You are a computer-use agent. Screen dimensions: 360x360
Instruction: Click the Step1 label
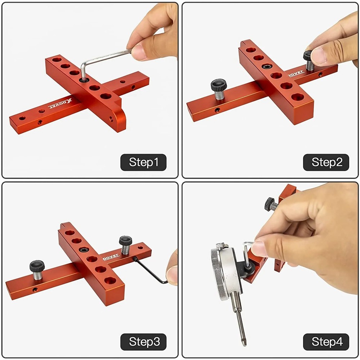tap(143, 162)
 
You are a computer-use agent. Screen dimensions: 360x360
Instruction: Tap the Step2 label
tap(326, 162)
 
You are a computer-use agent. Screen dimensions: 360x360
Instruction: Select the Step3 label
tap(143, 341)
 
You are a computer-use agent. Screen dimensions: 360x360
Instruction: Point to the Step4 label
tap(326, 341)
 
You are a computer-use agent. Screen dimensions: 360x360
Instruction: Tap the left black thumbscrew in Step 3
tap(37, 266)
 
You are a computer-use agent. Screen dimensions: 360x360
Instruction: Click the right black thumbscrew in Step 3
tap(125, 240)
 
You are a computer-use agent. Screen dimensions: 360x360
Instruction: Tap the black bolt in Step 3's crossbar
tap(84, 249)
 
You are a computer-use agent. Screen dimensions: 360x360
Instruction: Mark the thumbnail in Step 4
tap(258, 248)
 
